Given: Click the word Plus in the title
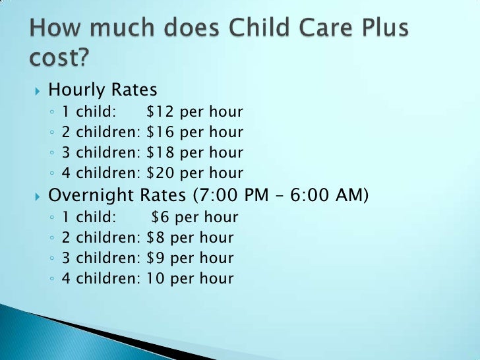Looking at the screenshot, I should (374, 30).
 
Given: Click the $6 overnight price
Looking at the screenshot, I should (160, 216).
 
